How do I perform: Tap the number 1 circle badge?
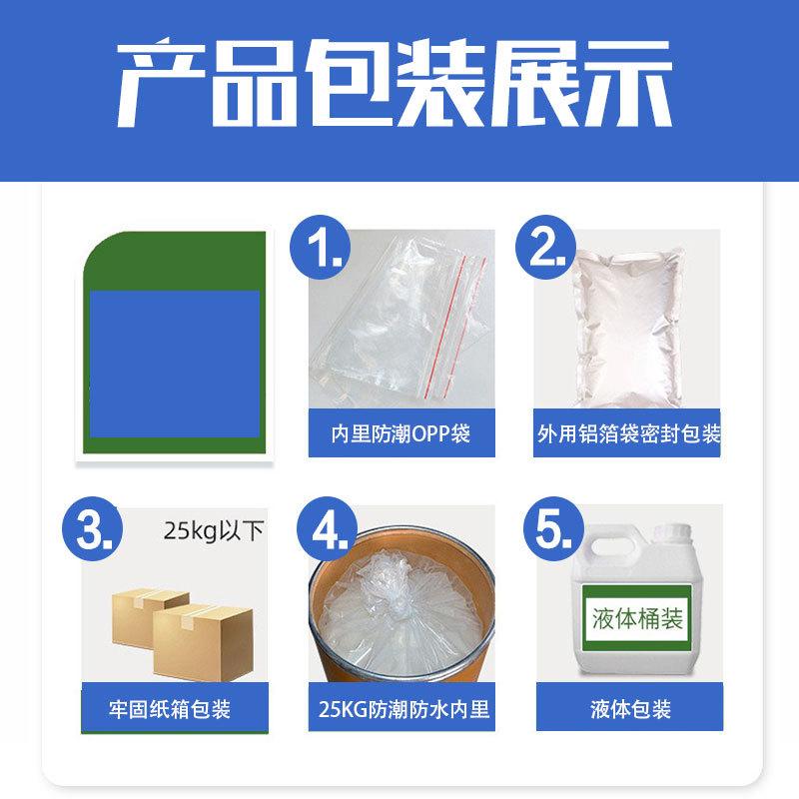pyautogui.click(x=321, y=247)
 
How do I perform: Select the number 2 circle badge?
pyautogui.click(x=546, y=247)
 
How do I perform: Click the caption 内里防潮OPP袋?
pyautogui.click(x=399, y=433)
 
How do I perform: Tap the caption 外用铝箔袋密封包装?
pyautogui.click(x=628, y=433)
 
